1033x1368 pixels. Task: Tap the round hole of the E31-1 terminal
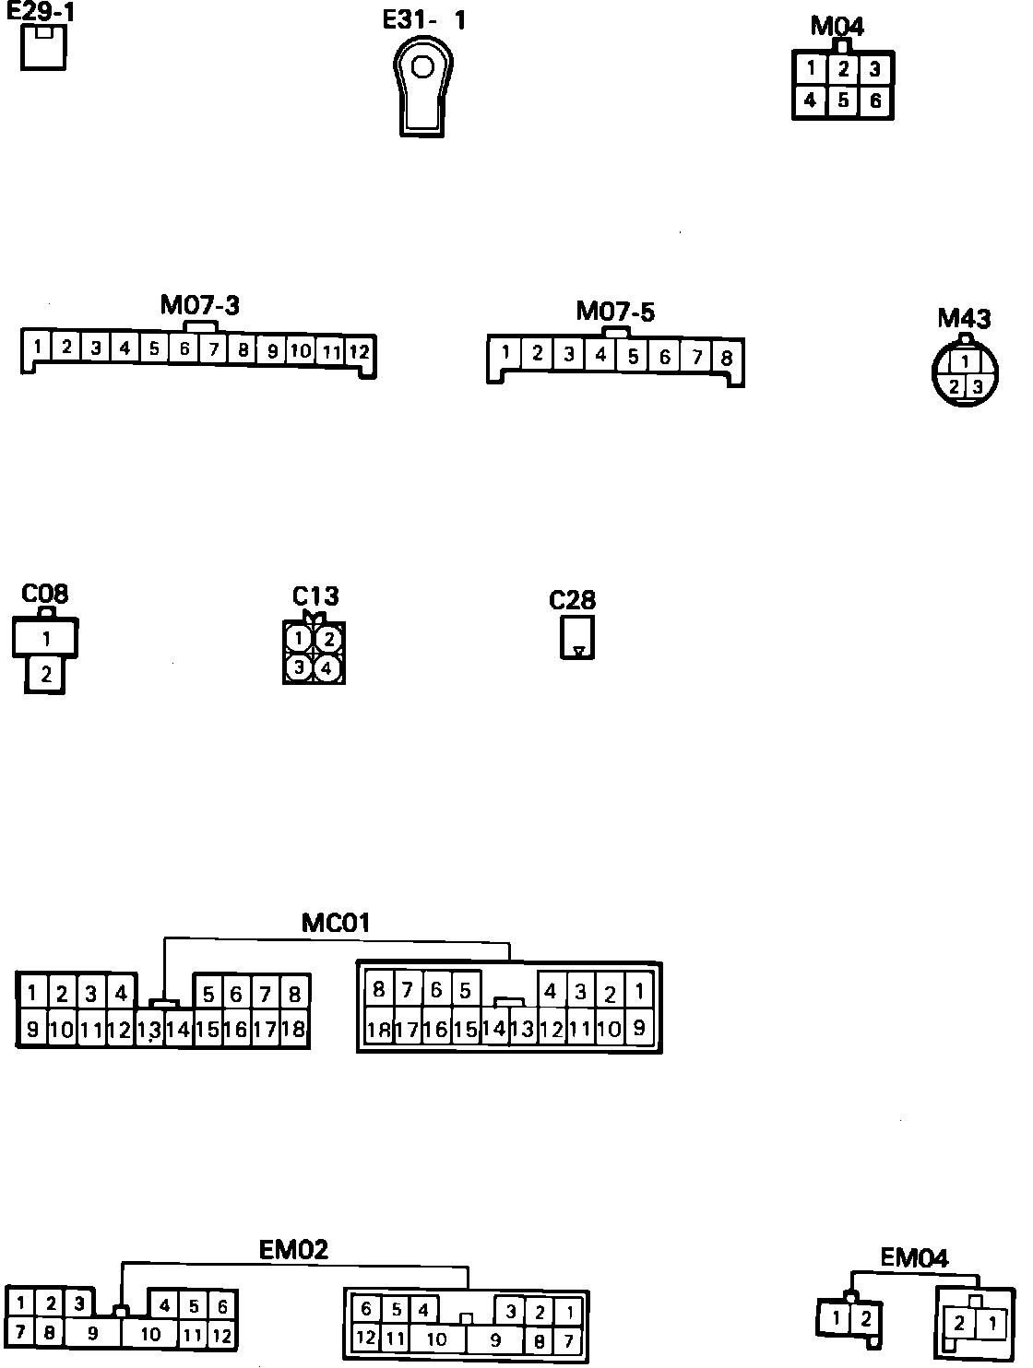pos(422,67)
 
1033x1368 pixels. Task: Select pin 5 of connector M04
pos(843,100)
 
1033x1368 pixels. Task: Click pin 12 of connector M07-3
pos(359,351)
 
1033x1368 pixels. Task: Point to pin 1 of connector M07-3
pos(37,348)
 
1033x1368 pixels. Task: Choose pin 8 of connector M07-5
pos(726,358)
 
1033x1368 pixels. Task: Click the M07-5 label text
pos(615,312)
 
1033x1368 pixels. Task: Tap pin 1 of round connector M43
pos(964,361)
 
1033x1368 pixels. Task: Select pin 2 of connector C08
pos(45,674)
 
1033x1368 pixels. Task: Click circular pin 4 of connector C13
pos(327,667)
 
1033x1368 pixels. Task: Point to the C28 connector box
pos(577,637)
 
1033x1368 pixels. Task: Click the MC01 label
pos(336,922)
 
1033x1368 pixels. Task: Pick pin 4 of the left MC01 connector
pos(120,993)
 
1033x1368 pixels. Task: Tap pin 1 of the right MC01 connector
pos(639,991)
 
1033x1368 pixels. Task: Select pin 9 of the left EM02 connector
pos(92,1333)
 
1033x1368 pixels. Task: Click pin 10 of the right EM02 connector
pos(436,1339)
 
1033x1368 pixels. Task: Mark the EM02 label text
pos(293,1250)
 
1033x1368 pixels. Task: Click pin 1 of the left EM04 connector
pos(836,1318)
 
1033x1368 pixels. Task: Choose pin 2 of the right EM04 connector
pos(959,1324)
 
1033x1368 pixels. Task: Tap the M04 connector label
pos(837,26)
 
